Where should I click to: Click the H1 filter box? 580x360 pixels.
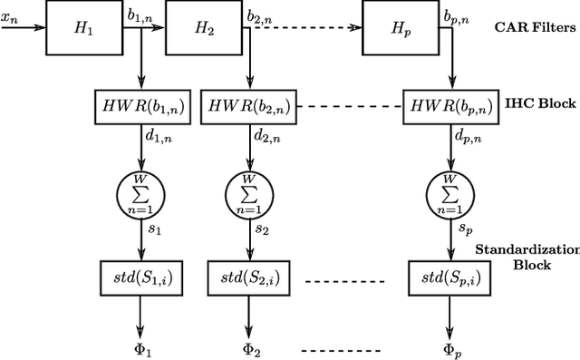coord(84,27)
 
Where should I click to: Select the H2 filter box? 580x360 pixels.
coord(205,27)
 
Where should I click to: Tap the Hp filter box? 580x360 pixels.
coord(401,27)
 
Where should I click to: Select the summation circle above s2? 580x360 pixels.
coord(250,191)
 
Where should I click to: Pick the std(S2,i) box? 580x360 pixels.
coord(250,276)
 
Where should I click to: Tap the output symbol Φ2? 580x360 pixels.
coord(250,350)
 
